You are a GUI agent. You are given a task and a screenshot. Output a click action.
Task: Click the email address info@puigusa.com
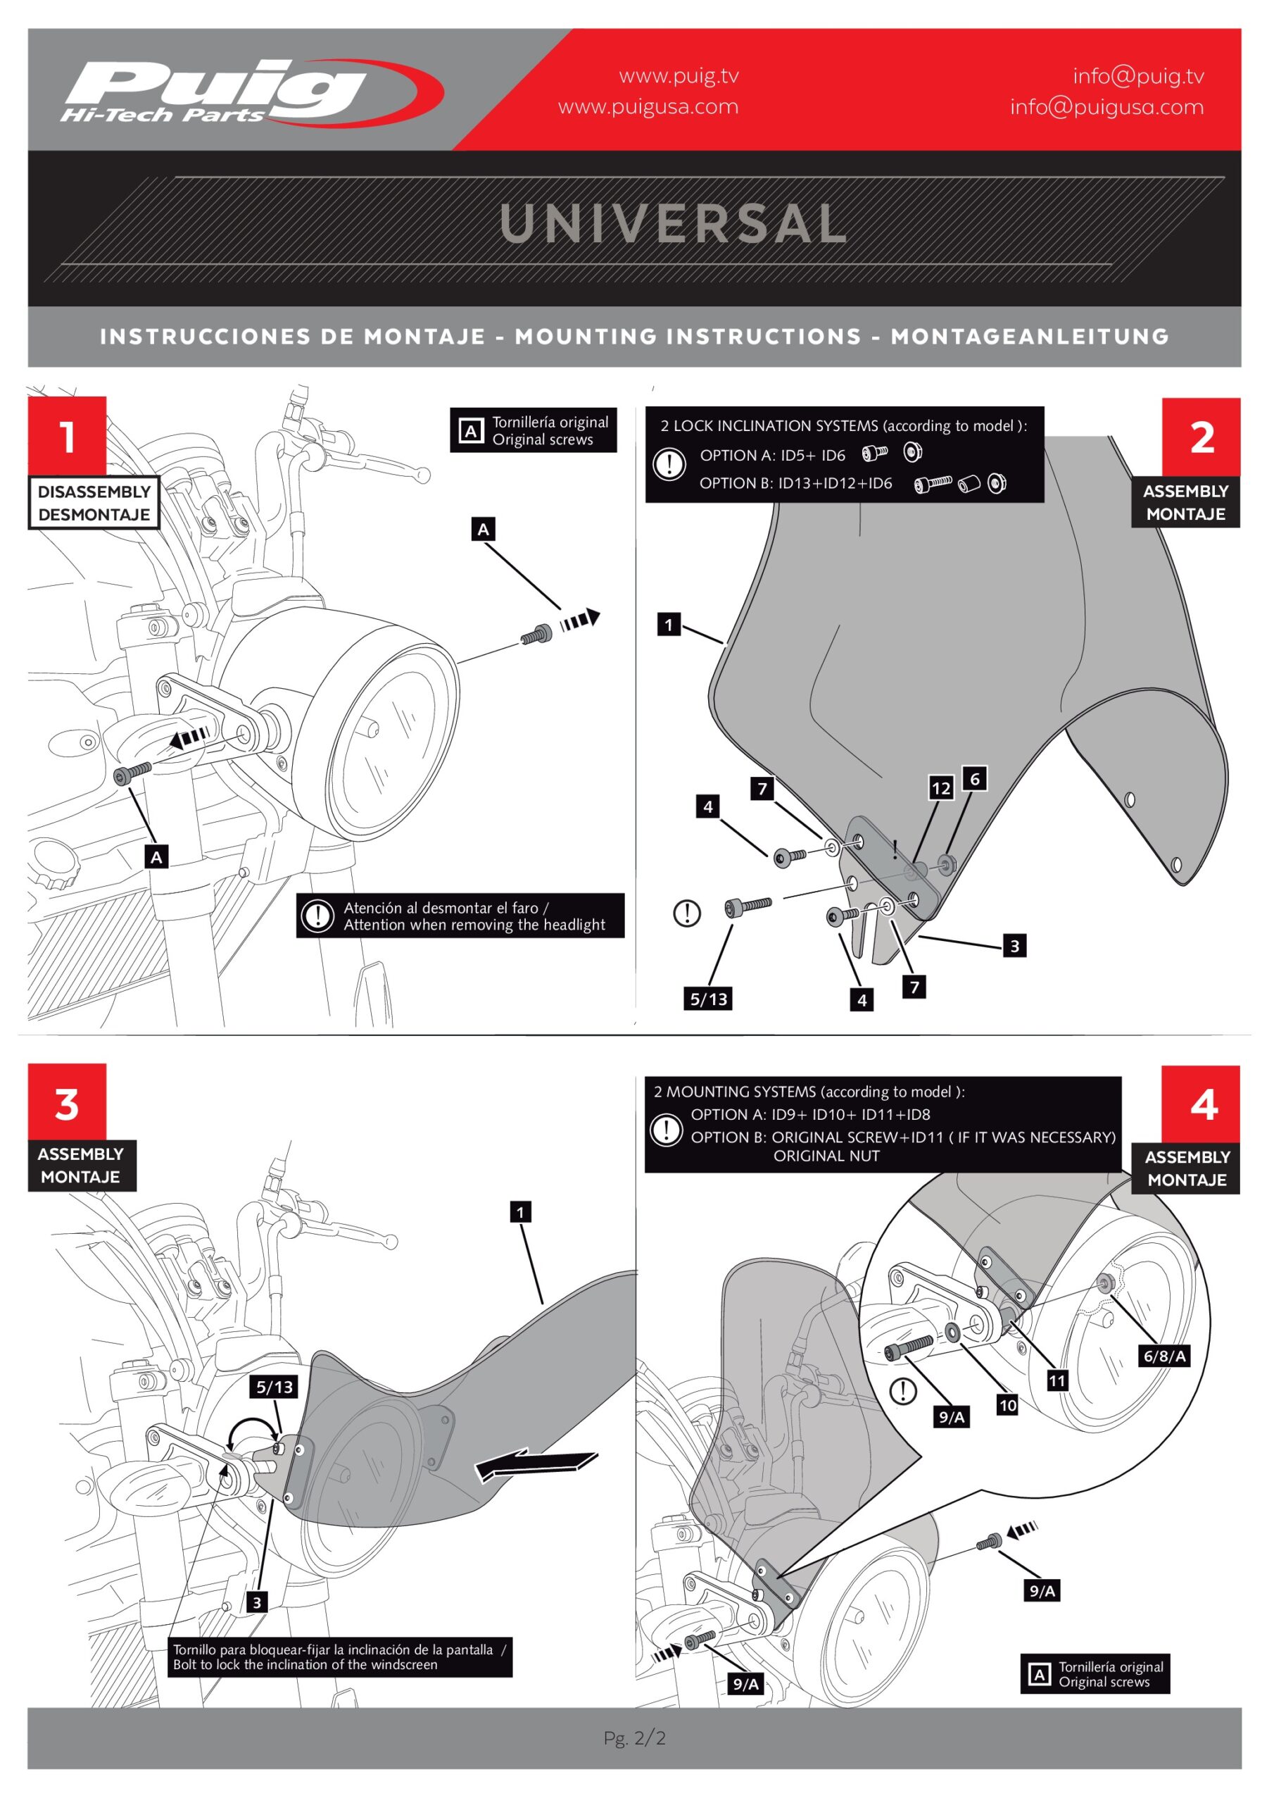1106,107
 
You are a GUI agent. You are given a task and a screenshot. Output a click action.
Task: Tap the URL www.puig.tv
679,76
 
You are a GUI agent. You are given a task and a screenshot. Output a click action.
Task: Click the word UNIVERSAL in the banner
673,224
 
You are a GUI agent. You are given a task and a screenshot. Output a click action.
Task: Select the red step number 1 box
67,436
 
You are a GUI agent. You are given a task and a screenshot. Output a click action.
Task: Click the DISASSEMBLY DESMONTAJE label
94,503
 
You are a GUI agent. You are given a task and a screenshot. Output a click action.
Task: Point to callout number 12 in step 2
940,787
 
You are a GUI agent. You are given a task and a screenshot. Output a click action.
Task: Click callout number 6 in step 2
974,778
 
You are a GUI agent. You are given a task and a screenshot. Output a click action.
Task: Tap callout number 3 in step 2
1014,945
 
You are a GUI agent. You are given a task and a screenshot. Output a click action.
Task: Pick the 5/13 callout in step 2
709,999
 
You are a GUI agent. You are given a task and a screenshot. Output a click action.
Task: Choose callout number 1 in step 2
669,624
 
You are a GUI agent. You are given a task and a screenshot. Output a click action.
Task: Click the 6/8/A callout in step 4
1164,1355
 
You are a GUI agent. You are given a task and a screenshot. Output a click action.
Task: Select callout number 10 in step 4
1007,1405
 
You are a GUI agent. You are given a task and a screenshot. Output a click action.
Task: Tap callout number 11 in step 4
1057,1380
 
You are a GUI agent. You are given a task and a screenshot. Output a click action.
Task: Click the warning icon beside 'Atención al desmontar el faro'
318,916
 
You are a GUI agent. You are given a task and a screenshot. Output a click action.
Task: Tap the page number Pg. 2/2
634,1738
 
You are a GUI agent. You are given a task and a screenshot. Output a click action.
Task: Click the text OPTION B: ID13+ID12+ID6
795,483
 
